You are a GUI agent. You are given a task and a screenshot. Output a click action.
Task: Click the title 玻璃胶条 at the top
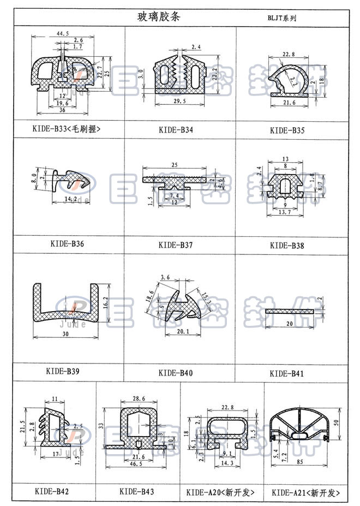click(x=158, y=16)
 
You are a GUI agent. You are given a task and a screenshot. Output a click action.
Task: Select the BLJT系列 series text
click(x=281, y=17)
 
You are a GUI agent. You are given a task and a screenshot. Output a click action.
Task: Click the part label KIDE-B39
click(x=63, y=372)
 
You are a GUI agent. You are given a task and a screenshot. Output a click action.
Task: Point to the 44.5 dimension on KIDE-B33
click(x=62, y=34)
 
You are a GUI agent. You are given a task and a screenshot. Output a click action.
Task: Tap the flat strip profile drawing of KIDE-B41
click(x=291, y=311)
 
